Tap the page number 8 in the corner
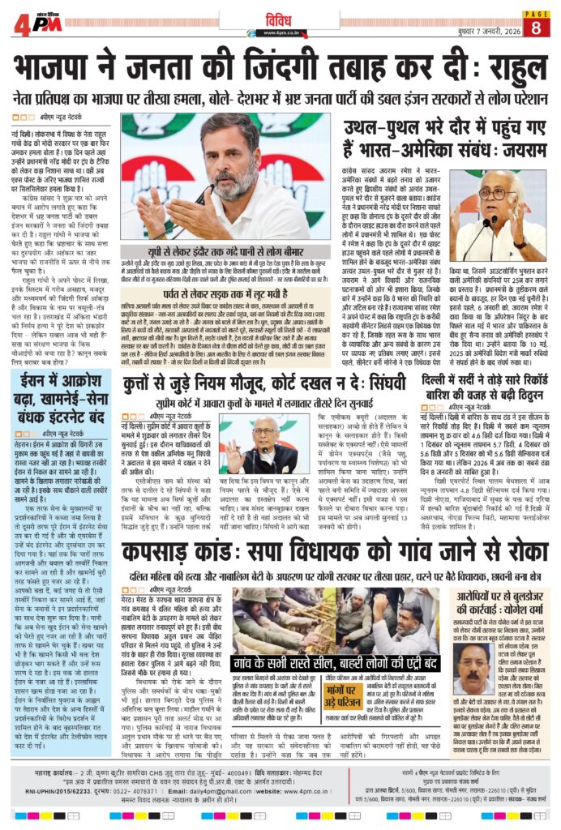click(536, 27)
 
